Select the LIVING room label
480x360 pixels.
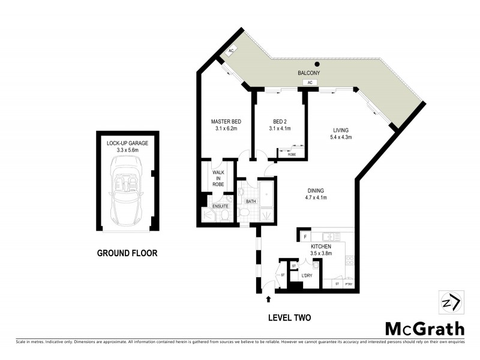[x=341, y=130]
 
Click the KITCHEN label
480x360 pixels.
[x=320, y=246]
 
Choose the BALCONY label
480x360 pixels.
[x=309, y=73]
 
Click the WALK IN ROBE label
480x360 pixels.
[x=218, y=178]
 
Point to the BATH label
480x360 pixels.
[x=250, y=202]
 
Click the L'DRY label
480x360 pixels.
[x=307, y=275]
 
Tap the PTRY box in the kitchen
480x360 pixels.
[x=348, y=283]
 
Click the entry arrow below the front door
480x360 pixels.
[x=268, y=298]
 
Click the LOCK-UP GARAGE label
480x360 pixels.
[x=127, y=143]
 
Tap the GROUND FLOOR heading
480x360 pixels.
[x=127, y=253]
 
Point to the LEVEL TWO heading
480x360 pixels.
[x=290, y=317]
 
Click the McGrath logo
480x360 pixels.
[x=424, y=328]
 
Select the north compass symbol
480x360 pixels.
[x=449, y=302]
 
